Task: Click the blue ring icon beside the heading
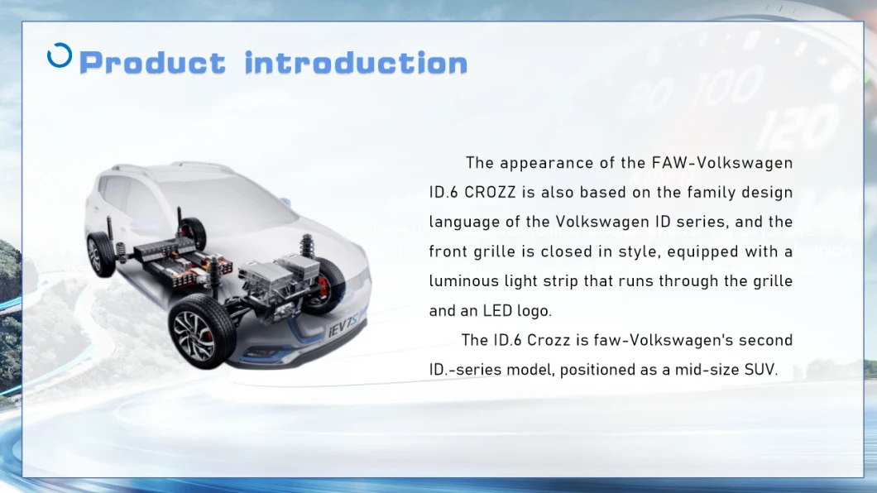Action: click(x=60, y=55)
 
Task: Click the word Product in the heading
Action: click(x=152, y=63)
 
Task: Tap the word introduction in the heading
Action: click(x=357, y=63)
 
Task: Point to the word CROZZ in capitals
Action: click(x=491, y=193)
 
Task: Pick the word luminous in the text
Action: click(x=462, y=281)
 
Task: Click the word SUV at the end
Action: click(x=762, y=370)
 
